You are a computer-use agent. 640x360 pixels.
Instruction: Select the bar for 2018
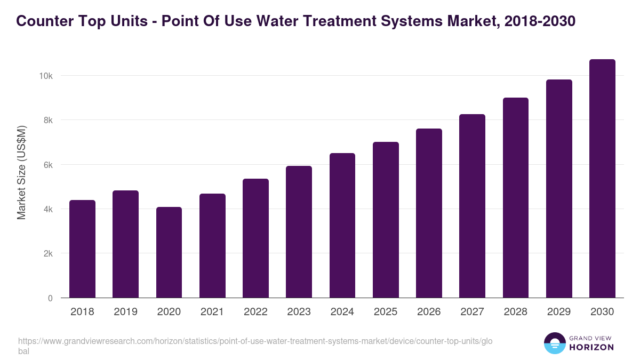tap(83, 249)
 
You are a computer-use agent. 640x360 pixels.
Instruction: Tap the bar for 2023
tap(299, 232)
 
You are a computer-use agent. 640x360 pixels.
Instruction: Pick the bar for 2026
tap(429, 213)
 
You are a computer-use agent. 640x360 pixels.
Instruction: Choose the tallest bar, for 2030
tap(602, 179)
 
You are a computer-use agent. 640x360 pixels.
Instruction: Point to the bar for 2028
tap(516, 198)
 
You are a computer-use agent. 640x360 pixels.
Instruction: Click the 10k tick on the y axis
tap(45, 76)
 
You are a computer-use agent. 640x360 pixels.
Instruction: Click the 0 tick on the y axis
tap(50, 298)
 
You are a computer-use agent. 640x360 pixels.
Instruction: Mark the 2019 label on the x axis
tap(125, 312)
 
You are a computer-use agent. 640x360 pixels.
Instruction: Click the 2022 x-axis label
tap(255, 312)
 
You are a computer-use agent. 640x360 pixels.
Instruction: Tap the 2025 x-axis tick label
tap(386, 312)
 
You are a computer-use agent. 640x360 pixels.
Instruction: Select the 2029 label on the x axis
tap(559, 312)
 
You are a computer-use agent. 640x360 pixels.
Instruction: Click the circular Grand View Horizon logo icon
tap(555, 343)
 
